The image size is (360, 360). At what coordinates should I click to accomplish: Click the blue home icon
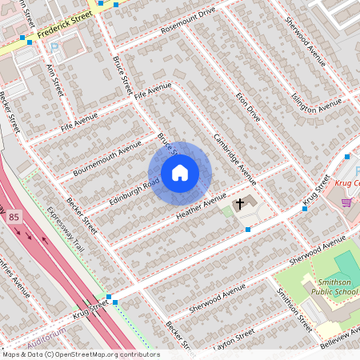[x=180, y=173]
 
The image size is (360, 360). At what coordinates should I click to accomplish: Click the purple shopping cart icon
[x=346, y=202]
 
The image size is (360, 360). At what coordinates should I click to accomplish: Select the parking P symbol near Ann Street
[x=54, y=48]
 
